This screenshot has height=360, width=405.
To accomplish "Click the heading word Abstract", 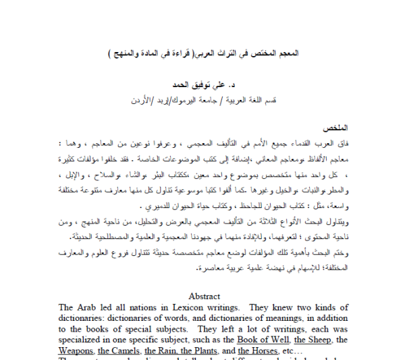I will point(204,296).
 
